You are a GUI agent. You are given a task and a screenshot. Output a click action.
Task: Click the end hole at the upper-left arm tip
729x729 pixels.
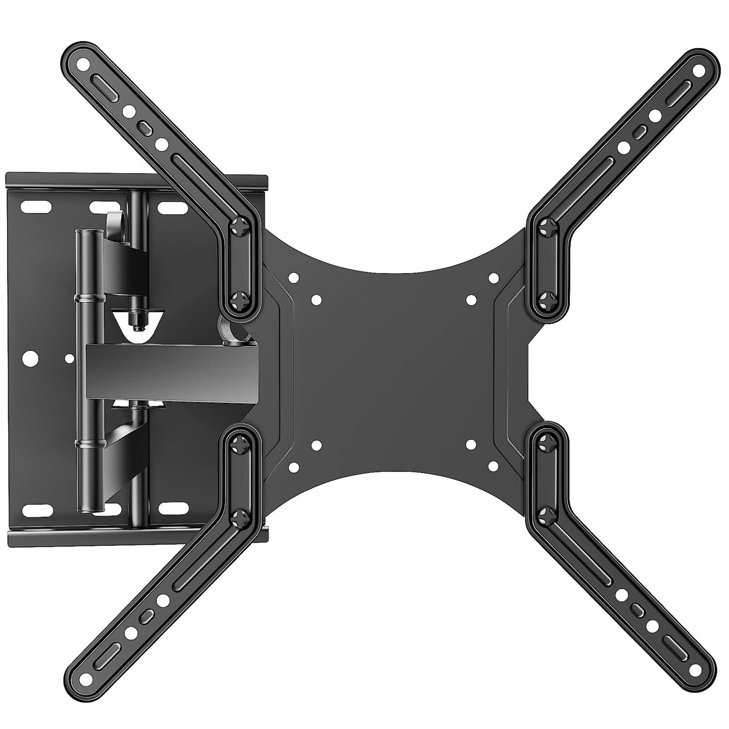[83, 65]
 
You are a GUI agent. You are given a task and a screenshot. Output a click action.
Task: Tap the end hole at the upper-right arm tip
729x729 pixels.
[698, 71]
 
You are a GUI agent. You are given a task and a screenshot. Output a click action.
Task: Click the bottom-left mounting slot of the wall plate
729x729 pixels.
[36, 508]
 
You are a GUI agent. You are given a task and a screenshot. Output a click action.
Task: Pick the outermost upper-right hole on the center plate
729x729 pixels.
[493, 277]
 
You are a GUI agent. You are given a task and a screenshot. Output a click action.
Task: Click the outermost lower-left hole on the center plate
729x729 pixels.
[294, 467]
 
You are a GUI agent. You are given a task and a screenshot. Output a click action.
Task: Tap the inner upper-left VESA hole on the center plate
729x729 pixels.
[316, 300]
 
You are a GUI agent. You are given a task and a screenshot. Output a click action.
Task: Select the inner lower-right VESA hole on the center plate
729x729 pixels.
[471, 445]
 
